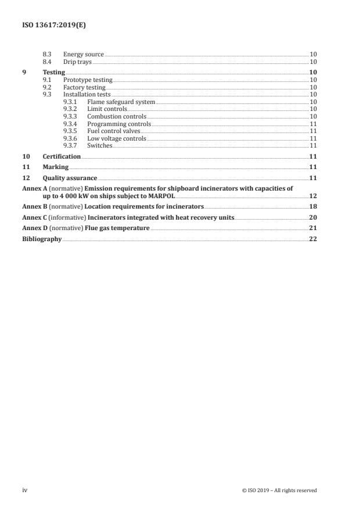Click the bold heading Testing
53,72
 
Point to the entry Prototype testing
87,79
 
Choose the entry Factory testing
84,87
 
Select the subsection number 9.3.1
70,101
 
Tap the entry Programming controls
118,124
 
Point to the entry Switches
99,145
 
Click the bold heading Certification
62,157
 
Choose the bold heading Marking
55,167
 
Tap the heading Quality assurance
70,178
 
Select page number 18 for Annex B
312,207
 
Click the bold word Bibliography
41,239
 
